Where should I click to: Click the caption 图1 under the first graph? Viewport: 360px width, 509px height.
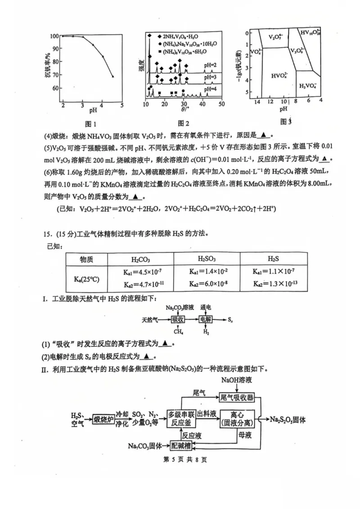(91, 124)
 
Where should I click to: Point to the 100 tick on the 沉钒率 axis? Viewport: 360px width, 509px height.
(54, 36)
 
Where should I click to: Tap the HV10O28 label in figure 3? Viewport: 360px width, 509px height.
(310, 33)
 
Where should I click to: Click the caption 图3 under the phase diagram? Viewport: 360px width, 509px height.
(286, 121)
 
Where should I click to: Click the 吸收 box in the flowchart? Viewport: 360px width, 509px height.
(178, 320)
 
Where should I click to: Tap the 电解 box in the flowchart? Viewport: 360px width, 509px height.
(206, 320)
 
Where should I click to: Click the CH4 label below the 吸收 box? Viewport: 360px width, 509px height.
(178, 332)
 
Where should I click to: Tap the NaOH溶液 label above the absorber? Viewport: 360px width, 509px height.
(236, 380)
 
